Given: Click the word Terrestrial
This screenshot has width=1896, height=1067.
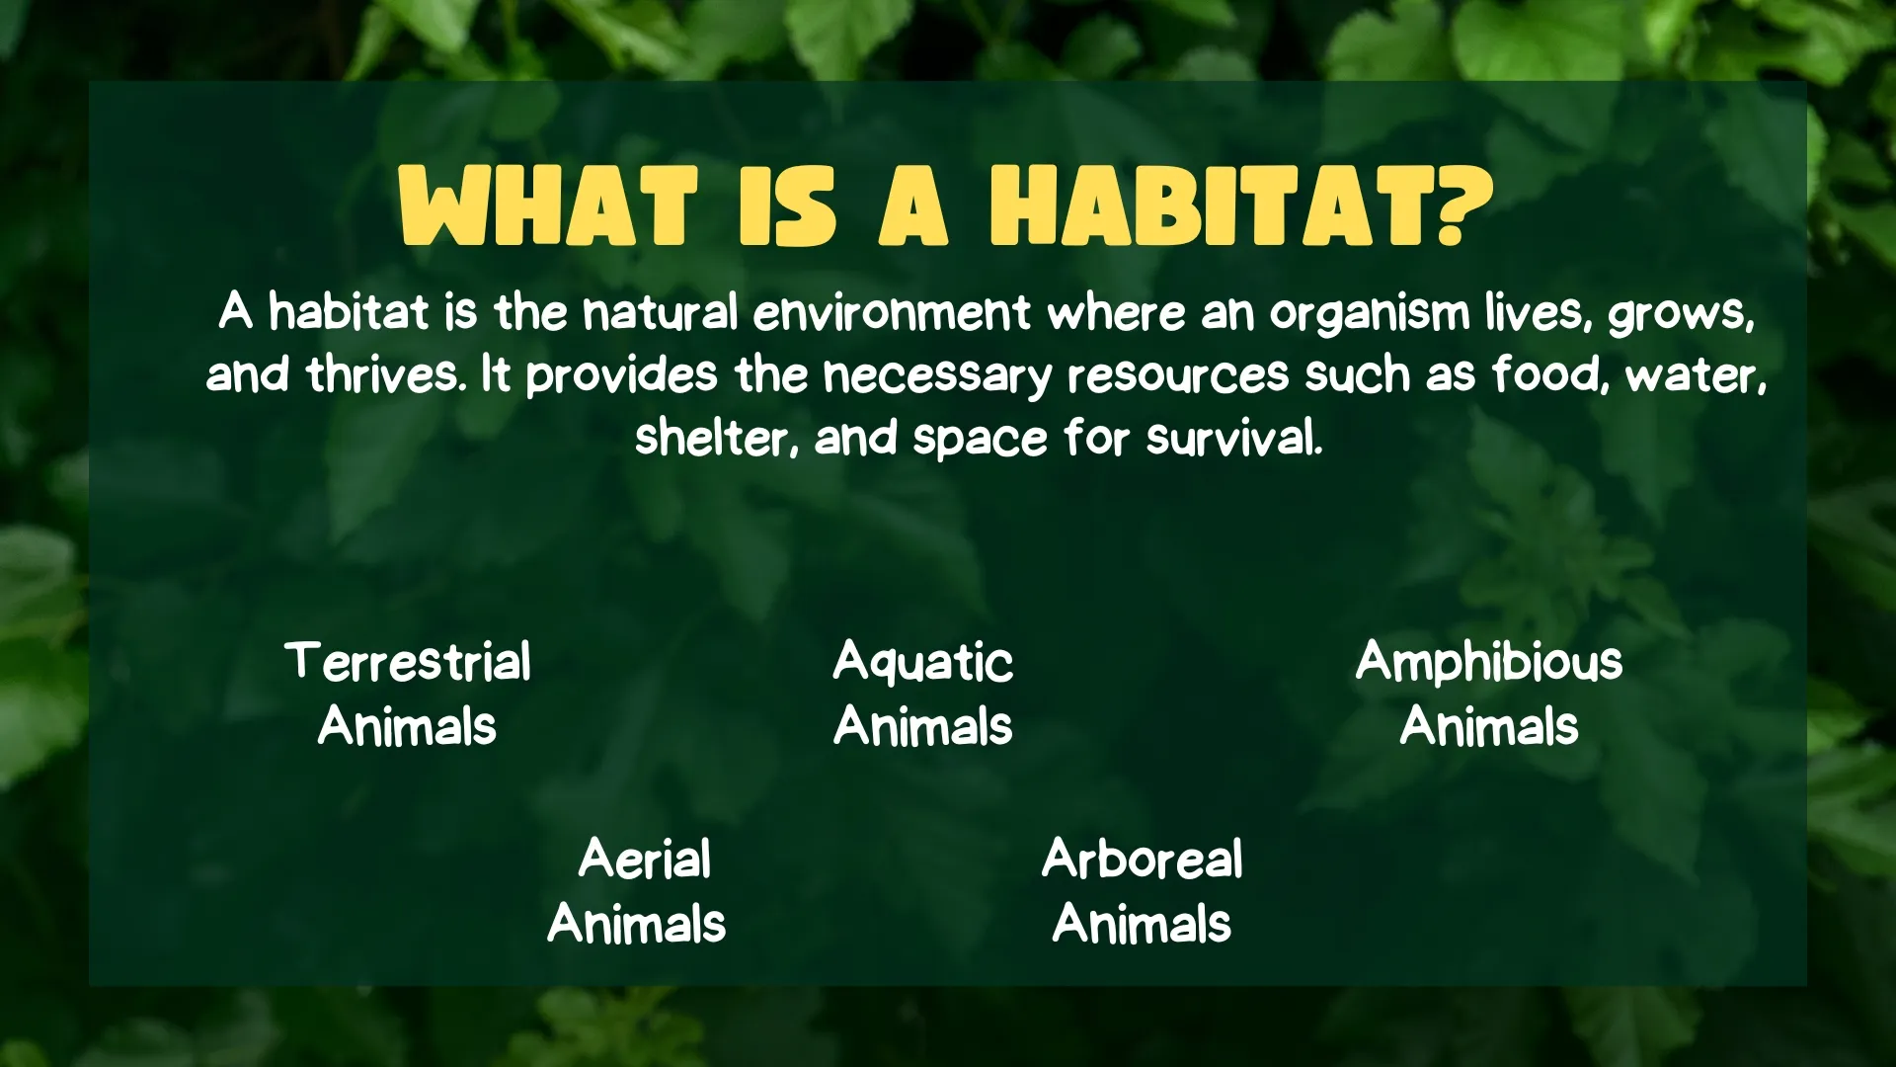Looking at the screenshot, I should click(x=408, y=662).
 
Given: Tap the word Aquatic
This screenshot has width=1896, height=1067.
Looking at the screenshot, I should click(x=922, y=662).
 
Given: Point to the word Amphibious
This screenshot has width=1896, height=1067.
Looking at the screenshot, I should click(x=1488, y=662).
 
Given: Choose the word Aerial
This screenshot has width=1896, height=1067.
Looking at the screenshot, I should click(x=644, y=860).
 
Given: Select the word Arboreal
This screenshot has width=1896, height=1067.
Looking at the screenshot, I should click(x=1142, y=860).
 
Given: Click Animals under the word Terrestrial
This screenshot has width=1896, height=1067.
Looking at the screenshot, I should click(x=407, y=727).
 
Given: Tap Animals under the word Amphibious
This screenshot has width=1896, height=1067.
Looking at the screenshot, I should click(x=1488, y=727).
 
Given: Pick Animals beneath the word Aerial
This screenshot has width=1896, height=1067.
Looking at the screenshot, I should click(x=637, y=925).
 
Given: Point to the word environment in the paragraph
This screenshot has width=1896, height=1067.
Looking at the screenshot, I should click(x=892, y=314).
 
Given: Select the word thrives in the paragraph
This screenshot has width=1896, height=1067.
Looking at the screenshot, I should click(x=386, y=375).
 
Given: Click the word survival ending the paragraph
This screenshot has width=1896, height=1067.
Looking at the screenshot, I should click(x=1233, y=438).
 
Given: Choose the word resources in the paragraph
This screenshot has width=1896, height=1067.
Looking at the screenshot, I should click(x=1177, y=375).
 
